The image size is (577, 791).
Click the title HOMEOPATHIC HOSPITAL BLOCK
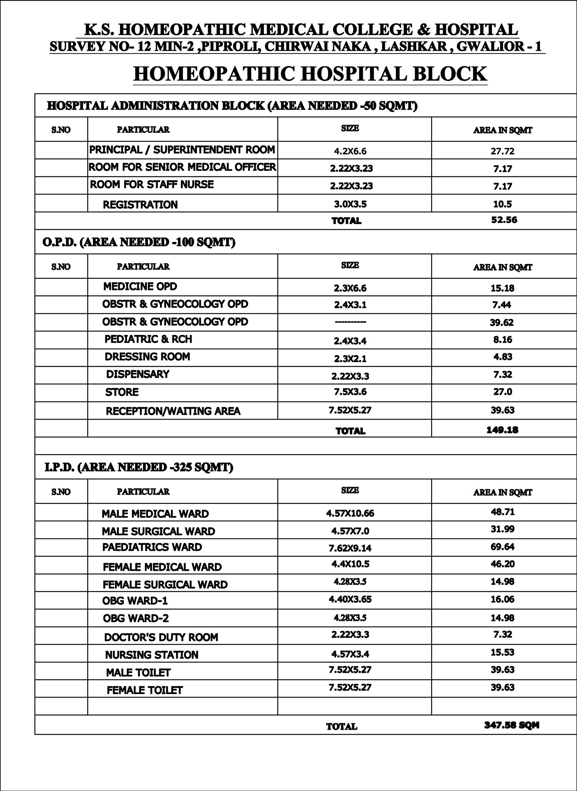(x=310, y=74)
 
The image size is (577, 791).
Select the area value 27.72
(x=502, y=151)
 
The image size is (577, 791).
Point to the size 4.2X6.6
(x=350, y=151)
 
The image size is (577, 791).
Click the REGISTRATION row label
(x=140, y=205)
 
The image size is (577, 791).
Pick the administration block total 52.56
(x=504, y=220)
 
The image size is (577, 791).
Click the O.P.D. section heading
(x=139, y=242)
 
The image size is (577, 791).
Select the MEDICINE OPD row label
(x=140, y=287)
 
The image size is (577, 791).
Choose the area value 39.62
(x=502, y=323)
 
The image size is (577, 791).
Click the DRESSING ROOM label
(x=147, y=357)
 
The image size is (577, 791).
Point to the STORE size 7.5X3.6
(x=350, y=392)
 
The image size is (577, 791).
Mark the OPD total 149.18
(x=502, y=430)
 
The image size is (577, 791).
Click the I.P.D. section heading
(x=139, y=467)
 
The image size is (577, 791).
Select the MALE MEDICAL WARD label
(x=155, y=514)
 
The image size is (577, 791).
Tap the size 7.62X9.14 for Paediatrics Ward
(x=350, y=548)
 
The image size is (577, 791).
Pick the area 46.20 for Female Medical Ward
(x=502, y=564)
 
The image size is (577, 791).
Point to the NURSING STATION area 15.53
(x=502, y=652)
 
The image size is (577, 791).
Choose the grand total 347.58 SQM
(x=512, y=726)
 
